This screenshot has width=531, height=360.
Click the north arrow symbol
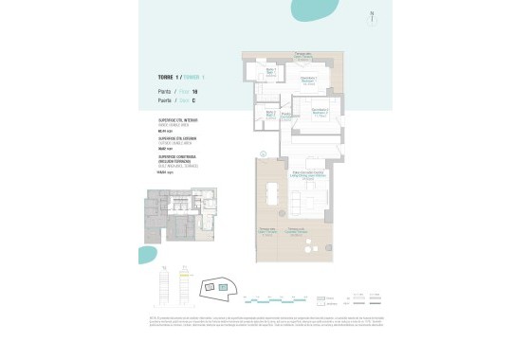point(372,16)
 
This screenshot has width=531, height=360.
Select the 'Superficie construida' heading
point(177,155)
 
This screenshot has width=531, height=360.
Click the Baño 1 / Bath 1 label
point(269,71)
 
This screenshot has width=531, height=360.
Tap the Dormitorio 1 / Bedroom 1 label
point(308,80)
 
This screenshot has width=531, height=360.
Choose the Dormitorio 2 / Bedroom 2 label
point(319,111)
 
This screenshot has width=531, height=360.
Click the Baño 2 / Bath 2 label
point(270,114)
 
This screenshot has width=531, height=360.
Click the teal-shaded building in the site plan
point(225,284)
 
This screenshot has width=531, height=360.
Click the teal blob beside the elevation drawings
point(147,254)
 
